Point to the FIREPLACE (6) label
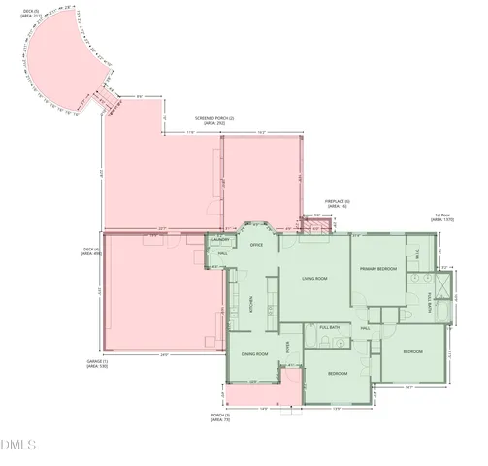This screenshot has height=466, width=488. point(337,201)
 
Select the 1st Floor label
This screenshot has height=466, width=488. point(441,215)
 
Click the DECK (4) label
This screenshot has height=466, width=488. point(93,249)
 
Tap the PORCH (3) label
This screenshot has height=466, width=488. point(221,416)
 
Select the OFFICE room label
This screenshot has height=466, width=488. point(257,245)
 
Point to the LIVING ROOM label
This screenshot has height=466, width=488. point(314,279)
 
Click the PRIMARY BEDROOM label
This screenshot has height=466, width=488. point(378,268)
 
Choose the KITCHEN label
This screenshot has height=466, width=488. point(248,302)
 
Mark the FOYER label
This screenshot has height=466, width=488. point(287,345)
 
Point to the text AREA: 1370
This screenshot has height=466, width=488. point(441,220)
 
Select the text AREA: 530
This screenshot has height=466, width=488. point(97,367)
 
